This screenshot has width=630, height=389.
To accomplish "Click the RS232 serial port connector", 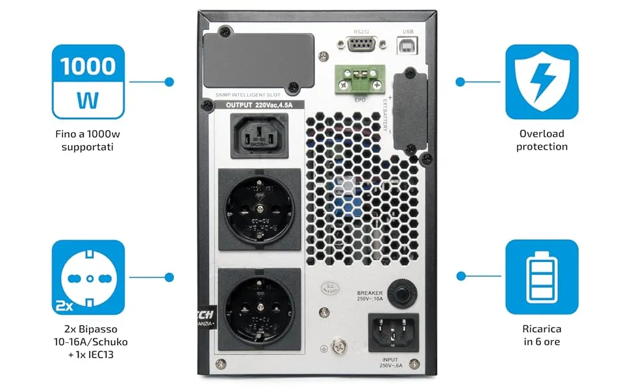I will pyautogui.click(x=362, y=45).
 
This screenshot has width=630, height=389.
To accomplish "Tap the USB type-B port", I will pyautogui.click(x=408, y=44).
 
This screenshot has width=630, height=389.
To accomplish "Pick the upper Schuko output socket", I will pyautogui.click(x=259, y=208).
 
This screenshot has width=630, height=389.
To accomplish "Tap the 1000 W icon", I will pyautogui.click(x=88, y=82).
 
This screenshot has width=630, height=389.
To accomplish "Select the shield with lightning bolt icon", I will pyautogui.click(x=542, y=82).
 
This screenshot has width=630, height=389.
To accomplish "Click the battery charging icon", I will pyautogui.click(x=542, y=277).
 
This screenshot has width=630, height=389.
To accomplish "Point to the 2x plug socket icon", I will pyautogui.click(x=88, y=277).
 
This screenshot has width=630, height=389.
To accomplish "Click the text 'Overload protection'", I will pyautogui.click(x=542, y=140).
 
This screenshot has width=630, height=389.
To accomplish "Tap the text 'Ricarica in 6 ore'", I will pyautogui.click(x=542, y=335).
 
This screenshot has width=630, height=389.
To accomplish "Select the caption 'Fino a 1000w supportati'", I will pyautogui.click(x=88, y=140).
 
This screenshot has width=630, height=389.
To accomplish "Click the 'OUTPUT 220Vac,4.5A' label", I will pyautogui.click(x=259, y=105).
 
